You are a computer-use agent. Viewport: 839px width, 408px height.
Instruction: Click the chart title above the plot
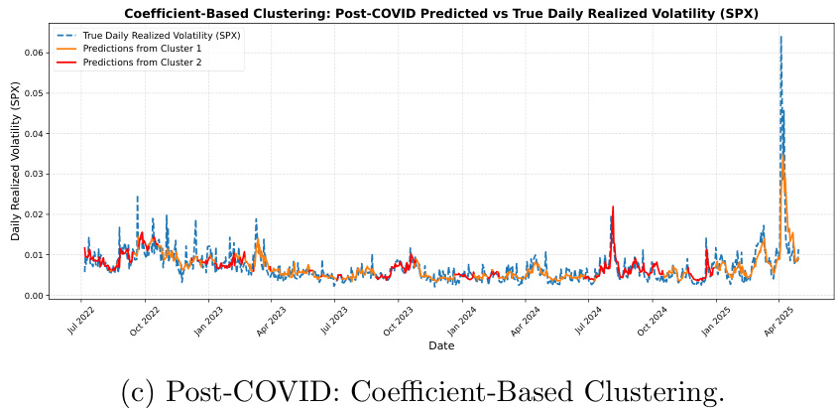435,13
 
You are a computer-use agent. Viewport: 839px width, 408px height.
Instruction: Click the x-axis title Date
441,345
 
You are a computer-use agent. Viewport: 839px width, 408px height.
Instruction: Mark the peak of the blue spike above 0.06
780,37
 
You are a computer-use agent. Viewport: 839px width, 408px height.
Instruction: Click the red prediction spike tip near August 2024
613,206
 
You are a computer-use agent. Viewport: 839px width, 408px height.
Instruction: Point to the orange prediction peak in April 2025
782,156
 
